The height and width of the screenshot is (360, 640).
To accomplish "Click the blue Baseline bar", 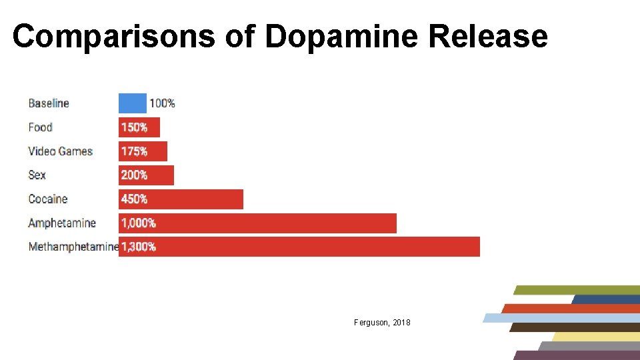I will coord(132,103).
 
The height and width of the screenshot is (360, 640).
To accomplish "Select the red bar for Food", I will coord(139,127).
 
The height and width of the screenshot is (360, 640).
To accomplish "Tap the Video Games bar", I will coord(143,151).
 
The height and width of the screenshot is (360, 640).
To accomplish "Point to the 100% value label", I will coord(162,103).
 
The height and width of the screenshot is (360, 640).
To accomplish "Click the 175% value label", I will coord(134,151).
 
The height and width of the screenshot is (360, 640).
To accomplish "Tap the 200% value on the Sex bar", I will coord(134,175).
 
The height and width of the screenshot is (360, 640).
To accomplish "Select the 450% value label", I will coord(134,199).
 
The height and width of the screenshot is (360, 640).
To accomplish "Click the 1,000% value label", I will coord(138,223).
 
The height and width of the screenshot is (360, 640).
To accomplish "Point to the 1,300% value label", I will coord(138,247).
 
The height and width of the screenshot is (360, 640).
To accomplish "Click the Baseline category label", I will coord(49,103).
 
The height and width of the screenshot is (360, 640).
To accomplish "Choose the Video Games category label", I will coord(60,151).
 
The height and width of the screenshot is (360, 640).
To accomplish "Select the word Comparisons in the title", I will coord(113,36).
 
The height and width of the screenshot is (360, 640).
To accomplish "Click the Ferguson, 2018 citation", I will coord(382,323).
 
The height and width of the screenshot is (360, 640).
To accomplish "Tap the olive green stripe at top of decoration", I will coord(577,290).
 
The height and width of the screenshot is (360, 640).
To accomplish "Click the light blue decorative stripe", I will coord(560,318).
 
